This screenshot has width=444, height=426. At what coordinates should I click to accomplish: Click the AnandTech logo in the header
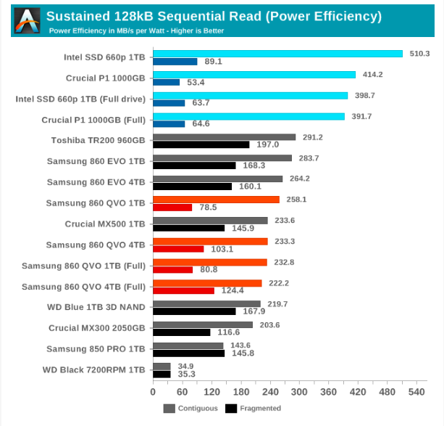point(28,20)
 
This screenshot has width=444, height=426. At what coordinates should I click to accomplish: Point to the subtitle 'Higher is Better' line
point(136,30)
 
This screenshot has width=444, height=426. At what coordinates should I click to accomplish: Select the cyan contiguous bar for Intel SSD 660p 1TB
point(277,54)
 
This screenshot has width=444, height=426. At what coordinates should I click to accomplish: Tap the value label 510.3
point(419,54)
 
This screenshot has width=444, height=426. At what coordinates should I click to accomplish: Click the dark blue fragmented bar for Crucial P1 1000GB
point(167,82)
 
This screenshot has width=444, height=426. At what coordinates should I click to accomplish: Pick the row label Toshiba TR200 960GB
point(99,141)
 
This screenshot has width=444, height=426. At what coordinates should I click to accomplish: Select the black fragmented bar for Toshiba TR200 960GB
point(201,144)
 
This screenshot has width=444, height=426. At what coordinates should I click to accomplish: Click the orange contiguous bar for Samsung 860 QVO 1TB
point(216,199)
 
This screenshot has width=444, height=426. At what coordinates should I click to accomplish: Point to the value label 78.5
point(209,208)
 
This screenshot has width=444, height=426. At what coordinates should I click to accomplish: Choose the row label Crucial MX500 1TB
point(105,224)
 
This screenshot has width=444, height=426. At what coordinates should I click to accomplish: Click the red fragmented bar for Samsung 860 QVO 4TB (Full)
point(183,290)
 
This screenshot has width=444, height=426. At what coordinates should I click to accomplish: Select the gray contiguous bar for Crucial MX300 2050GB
point(202,324)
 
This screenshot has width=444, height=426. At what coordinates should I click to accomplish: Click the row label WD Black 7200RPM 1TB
point(94,370)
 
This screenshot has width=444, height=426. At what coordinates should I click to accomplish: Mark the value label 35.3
point(187,374)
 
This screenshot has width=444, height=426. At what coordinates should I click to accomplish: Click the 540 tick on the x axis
point(416,392)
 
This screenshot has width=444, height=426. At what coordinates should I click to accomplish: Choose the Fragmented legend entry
point(254,408)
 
